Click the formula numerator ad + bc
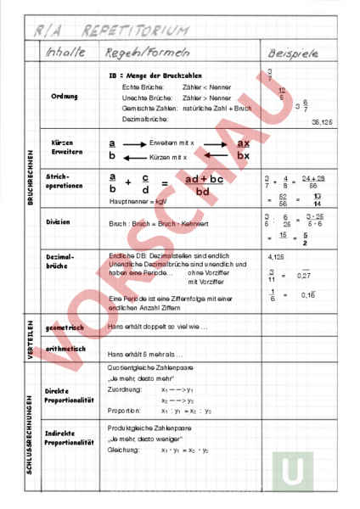pos(205,179)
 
